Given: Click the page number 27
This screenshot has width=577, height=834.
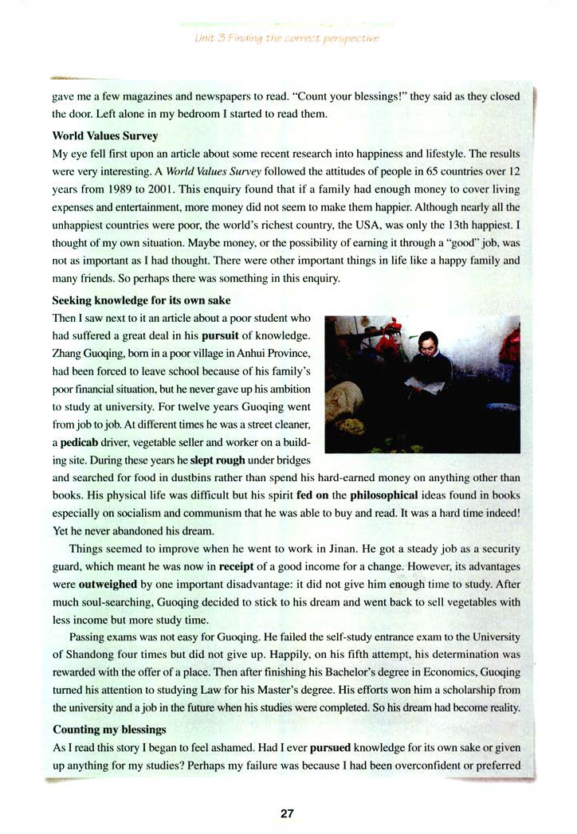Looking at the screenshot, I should pyautogui.click(x=288, y=813).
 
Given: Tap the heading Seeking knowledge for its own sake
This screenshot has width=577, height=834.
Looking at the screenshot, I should pyautogui.click(x=142, y=300).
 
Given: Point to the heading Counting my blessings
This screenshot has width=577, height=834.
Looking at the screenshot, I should pyautogui.click(x=109, y=729).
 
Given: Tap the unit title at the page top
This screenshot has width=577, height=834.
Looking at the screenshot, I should pyautogui.click(x=288, y=37).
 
